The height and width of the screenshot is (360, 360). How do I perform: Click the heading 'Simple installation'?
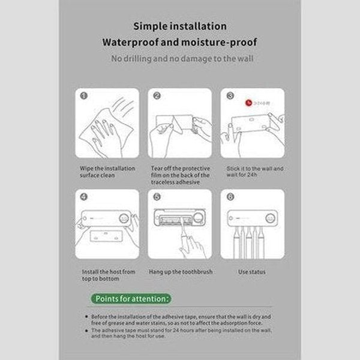point(180,26)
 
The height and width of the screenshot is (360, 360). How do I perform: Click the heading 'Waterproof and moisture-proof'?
point(180,43)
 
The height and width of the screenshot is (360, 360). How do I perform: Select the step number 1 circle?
point(84,95)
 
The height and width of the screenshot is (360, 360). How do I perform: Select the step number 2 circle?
point(157,95)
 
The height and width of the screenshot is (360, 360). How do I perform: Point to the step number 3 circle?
point(229,95)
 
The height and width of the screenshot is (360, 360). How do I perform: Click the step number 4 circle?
point(84,197)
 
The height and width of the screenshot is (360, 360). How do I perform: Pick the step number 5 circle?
point(157,197)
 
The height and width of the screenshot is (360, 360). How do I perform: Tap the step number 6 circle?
point(229,197)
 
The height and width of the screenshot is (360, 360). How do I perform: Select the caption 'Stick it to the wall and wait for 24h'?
point(254,172)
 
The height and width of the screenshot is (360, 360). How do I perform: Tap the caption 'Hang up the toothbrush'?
point(181,272)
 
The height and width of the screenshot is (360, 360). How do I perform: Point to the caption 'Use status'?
point(251,272)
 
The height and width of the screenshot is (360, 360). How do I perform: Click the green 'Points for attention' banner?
point(131,298)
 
